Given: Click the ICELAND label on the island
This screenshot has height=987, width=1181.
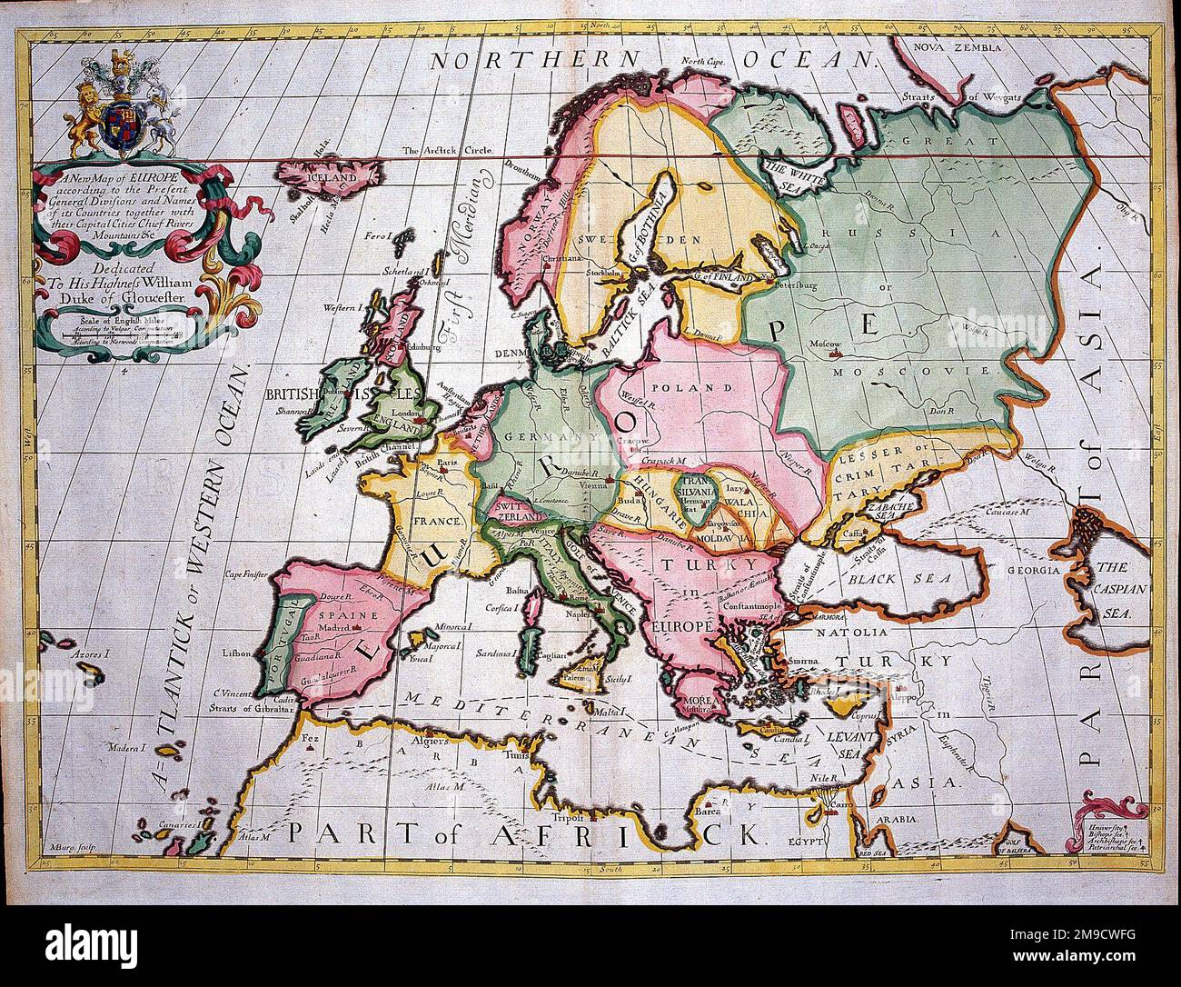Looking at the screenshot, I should click(x=333, y=179).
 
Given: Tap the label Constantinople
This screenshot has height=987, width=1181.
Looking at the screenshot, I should click(x=749, y=604).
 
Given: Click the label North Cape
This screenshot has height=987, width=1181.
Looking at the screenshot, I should click(x=706, y=62).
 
